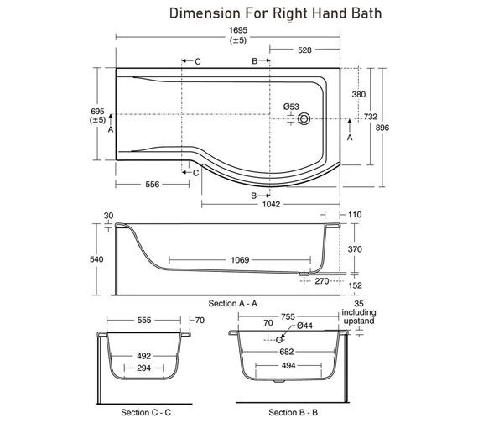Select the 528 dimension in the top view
(x=304, y=50)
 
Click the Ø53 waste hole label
(x=291, y=107)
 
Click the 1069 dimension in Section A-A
(x=240, y=260)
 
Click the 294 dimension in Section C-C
(x=144, y=368)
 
